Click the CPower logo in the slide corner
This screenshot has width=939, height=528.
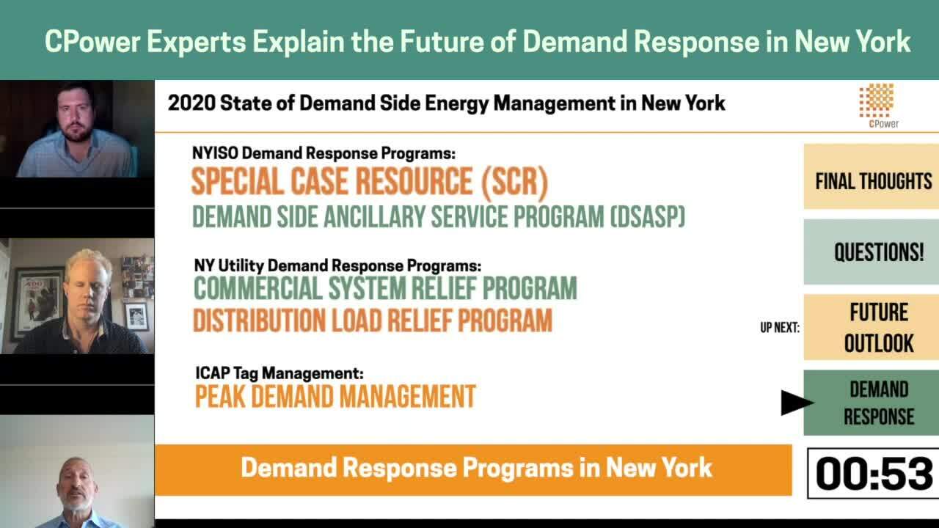click(x=877, y=106)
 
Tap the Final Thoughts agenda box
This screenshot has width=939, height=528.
click(x=871, y=177)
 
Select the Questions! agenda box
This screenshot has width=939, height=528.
click(x=871, y=252)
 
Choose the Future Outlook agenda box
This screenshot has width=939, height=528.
click(x=871, y=327)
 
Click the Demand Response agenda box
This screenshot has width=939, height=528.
click(x=871, y=403)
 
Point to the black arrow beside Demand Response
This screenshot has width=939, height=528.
click(x=797, y=403)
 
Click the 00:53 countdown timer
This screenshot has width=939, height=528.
click(x=874, y=474)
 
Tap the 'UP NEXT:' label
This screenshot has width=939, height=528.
click(x=780, y=328)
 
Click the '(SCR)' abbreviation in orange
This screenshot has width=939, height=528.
click(x=514, y=183)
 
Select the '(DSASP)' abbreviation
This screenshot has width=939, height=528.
click(x=647, y=216)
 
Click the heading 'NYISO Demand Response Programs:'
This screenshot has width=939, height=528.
click(x=324, y=153)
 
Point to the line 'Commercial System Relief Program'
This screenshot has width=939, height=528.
click(x=385, y=288)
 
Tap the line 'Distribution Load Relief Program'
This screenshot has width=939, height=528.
click(x=373, y=320)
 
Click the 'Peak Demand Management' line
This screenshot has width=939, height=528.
click(x=335, y=397)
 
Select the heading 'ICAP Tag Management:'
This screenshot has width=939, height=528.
click(x=279, y=373)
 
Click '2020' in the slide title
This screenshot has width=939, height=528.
click(x=191, y=103)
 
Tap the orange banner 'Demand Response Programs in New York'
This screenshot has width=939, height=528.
click(x=474, y=470)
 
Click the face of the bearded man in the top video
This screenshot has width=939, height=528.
click(x=76, y=115)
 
